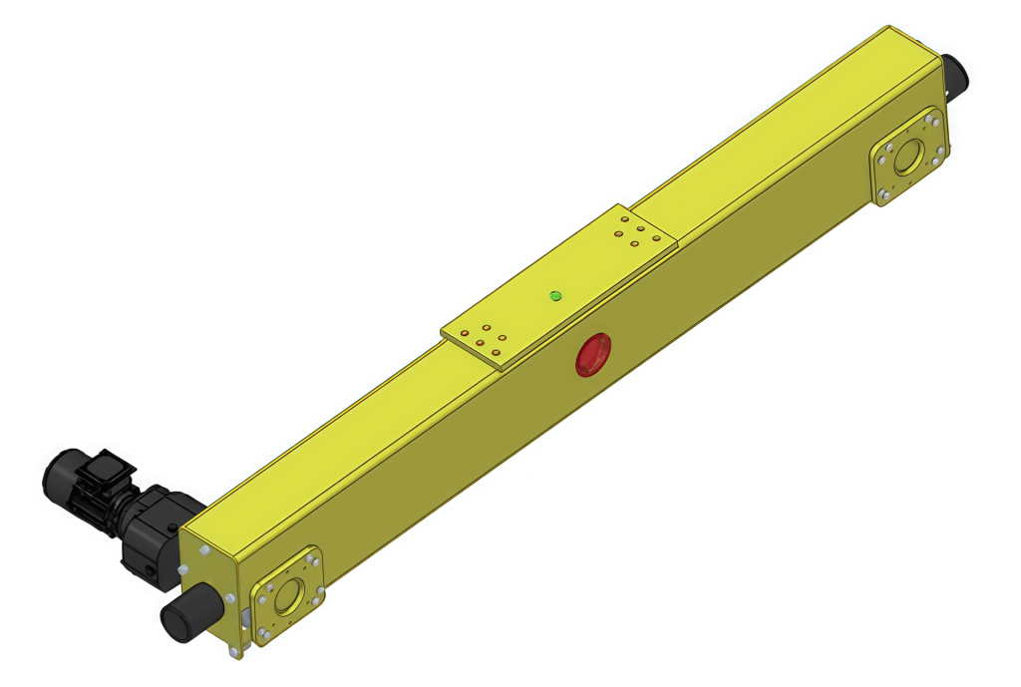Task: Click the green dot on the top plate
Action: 555,295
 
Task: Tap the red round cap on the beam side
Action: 593,355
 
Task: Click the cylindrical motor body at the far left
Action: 64,478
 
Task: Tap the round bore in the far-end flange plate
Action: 908,159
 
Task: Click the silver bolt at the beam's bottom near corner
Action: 235,652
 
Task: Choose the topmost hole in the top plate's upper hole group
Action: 625,219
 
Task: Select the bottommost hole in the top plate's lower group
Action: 496,354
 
